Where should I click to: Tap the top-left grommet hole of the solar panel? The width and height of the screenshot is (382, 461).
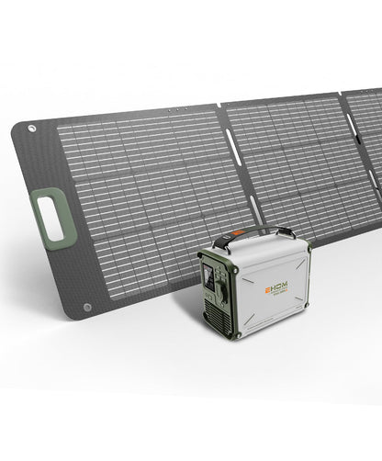click(32, 129)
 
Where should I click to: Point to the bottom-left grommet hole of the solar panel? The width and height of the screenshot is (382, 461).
click(87, 308)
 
